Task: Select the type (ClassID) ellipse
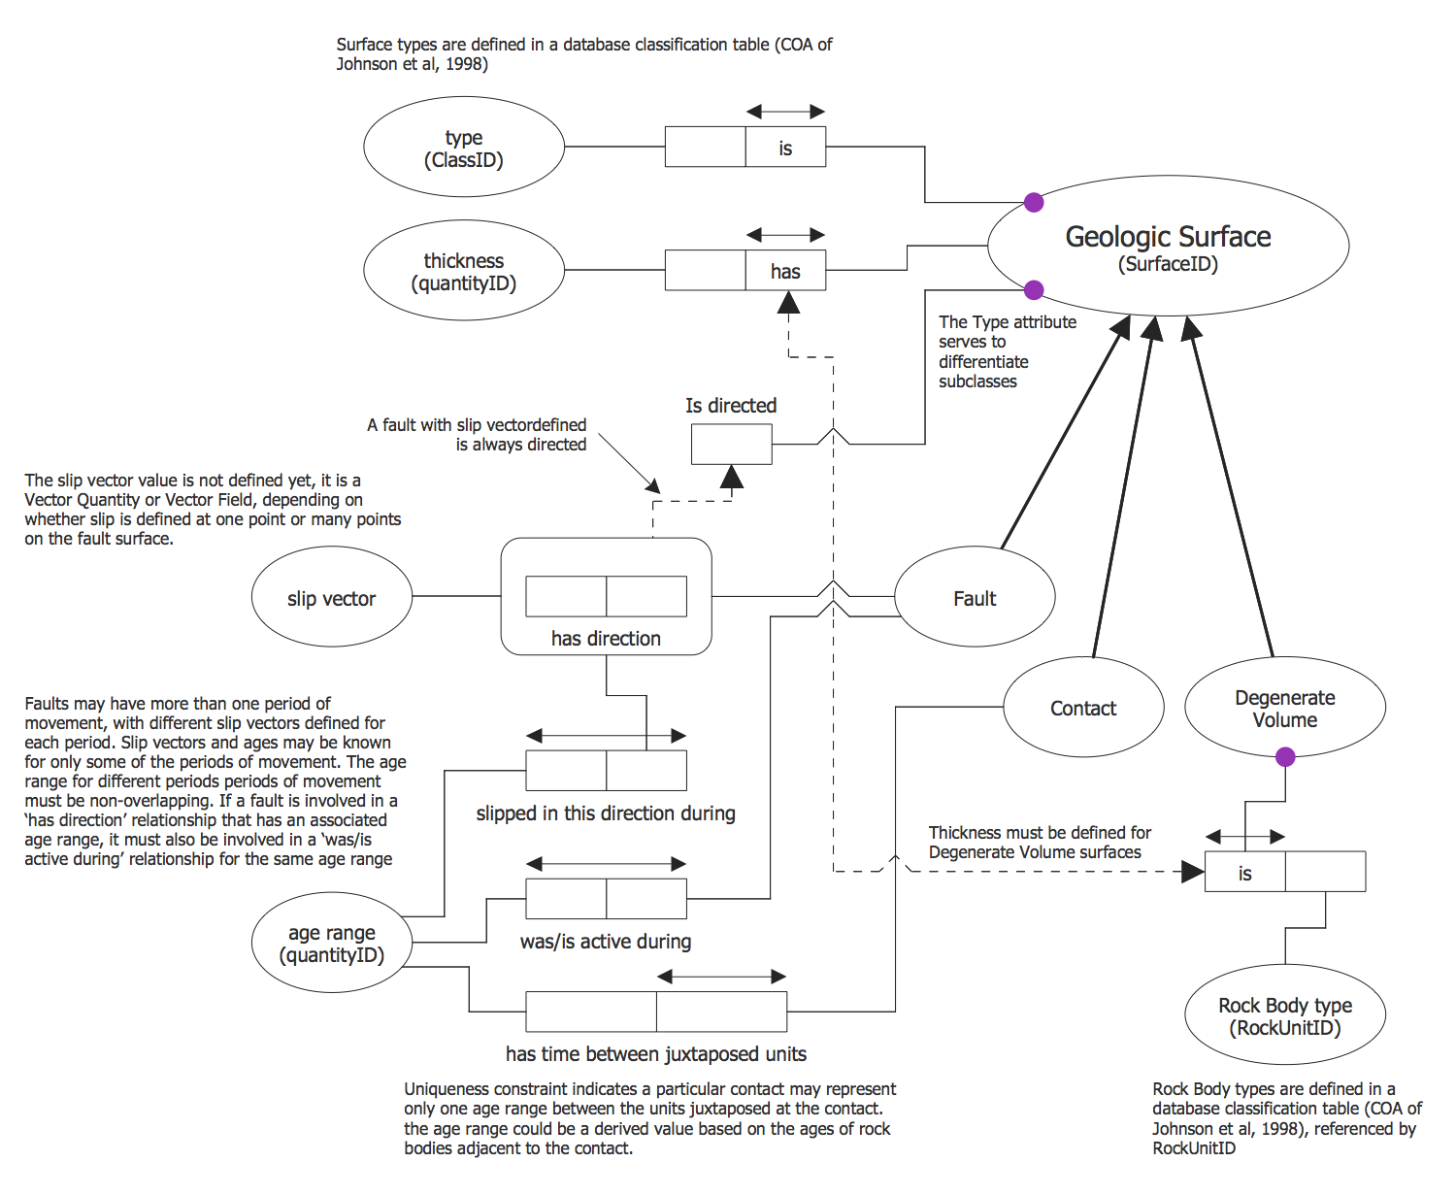464,148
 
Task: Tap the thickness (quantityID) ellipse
464,271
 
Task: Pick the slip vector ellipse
331,597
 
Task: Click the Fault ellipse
975,597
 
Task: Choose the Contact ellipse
1083,707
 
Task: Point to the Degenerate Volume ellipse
1284,708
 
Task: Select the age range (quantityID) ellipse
331,943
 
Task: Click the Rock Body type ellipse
1285,1015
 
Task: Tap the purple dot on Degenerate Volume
1285,757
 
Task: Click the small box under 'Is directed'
732,445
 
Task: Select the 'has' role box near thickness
785,271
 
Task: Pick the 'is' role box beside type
785,148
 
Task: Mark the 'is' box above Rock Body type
1245,872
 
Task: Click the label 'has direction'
606,639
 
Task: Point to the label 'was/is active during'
606,942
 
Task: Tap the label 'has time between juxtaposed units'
656,1054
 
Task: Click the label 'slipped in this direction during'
606,813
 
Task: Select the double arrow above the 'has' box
785,235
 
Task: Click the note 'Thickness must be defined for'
1040,833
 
